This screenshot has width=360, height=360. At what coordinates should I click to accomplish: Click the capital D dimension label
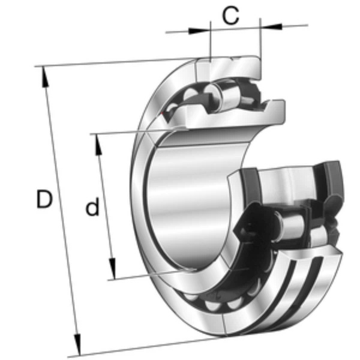click(43, 199)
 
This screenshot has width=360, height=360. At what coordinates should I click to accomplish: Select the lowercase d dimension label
click(92, 208)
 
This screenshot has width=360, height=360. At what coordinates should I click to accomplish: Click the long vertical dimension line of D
click(60, 210)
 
